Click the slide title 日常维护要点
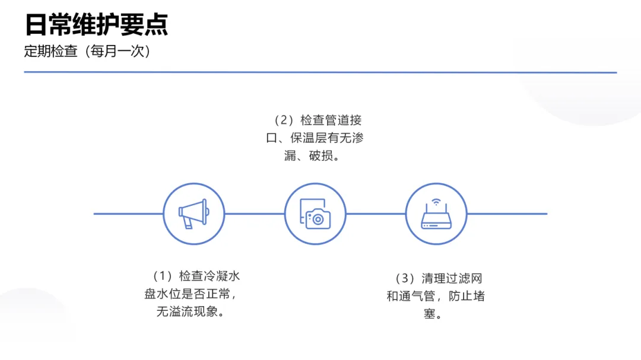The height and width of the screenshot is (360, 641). (x=96, y=25)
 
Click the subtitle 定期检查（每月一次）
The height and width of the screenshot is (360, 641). (x=87, y=52)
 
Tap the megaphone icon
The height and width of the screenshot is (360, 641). (x=193, y=214)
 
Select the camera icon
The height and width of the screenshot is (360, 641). (x=315, y=214)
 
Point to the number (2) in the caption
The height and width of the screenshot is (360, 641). (x=283, y=120)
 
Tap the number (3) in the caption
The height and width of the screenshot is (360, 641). (x=405, y=279)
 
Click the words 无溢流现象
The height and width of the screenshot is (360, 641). (x=185, y=311)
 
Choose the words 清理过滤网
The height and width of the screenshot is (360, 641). (x=452, y=279)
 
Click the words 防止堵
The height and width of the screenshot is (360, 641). (x=466, y=296)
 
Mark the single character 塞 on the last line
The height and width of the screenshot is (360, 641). (x=430, y=314)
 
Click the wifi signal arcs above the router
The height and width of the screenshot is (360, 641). (x=436, y=203)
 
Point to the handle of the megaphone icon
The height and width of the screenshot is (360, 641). (x=188, y=223)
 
